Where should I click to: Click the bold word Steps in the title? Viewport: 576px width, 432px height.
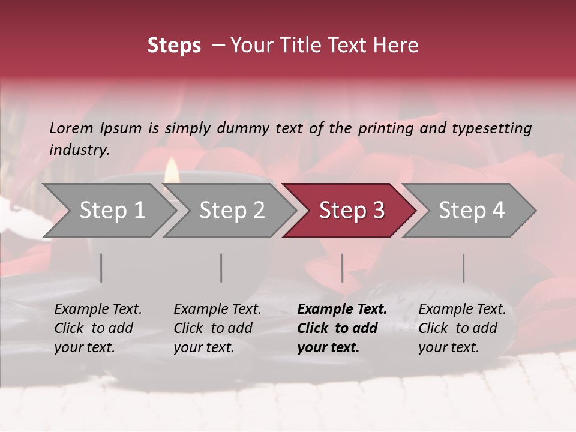click(x=174, y=46)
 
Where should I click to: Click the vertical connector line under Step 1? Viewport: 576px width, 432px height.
click(x=101, y=268)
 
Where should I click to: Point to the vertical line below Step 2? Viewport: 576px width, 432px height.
click(x=221, y=268)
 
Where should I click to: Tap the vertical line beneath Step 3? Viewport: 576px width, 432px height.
click(x=342, y=268)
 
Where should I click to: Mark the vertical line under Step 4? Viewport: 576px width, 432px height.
click(x=463, y=268)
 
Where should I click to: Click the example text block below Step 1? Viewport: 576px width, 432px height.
click(x=97, y=328)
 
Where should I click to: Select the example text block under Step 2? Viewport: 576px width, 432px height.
click(x=217, y=328)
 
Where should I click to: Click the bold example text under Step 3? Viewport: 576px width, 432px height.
click(x=341, y=328)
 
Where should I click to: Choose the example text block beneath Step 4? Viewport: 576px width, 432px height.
click(x=461, y=328)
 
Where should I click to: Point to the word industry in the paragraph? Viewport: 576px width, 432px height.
click(x=79, y=150)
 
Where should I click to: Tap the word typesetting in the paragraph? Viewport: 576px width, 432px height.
click(x=491, y=128)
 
